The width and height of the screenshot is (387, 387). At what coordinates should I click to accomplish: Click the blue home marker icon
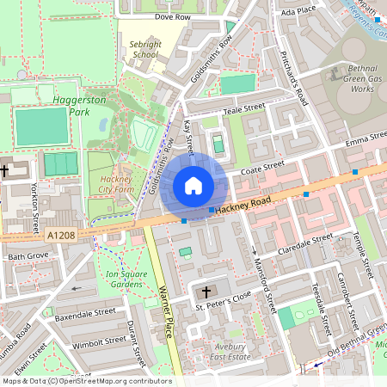click(193, 185)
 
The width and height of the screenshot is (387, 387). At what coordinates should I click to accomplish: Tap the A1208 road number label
click(62, 235)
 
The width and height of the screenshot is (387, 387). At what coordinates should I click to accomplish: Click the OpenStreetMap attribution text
click(86, 380)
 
